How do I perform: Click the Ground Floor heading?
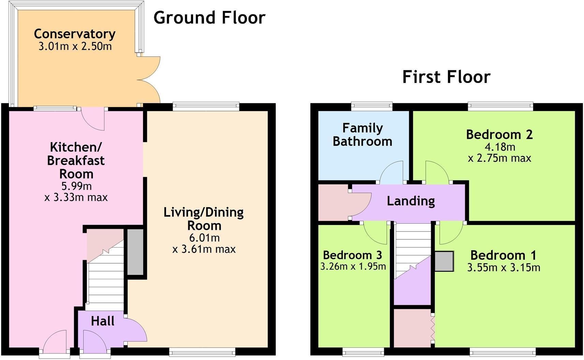coord(209,18)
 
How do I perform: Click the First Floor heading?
coord(446,77)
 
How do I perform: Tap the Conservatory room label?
coord(75,34)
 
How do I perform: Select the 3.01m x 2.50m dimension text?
coord(75,46)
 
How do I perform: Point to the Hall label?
coord(102,321)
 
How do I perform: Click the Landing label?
coord(411,201)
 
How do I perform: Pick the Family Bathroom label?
coord(362,135)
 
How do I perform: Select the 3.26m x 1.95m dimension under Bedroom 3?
coord(353,266)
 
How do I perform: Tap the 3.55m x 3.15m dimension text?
coord(503,268)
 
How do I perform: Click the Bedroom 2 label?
coord(499,134)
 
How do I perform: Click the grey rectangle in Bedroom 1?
coord(444,261)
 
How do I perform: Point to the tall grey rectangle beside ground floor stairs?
coord(135,252)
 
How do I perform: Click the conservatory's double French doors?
coord(148,80)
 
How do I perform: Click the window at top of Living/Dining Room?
coord(206,106)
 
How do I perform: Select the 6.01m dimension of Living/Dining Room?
coord(204,238)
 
